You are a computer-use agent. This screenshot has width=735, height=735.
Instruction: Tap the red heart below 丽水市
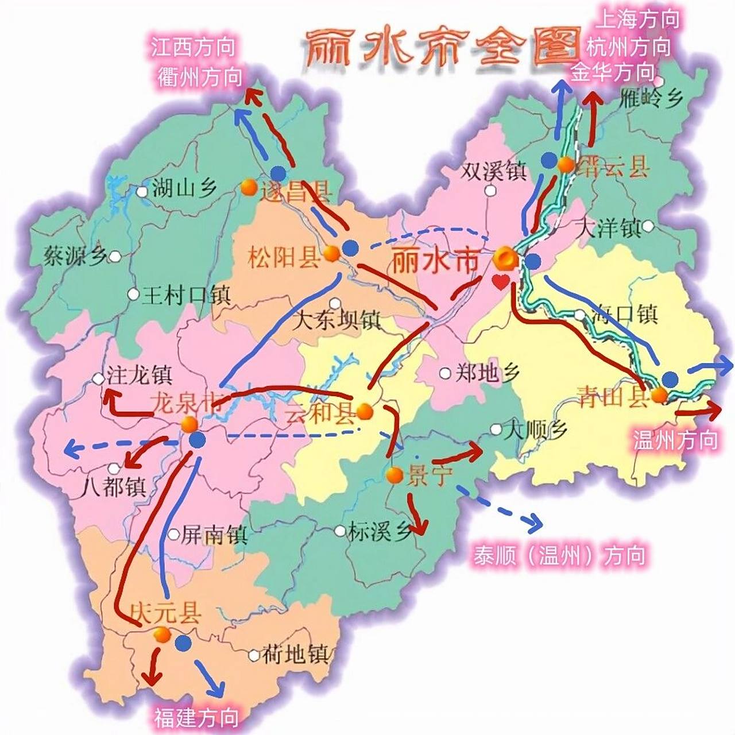(501, 282)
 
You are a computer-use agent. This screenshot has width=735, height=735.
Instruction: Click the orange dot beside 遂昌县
(249, 187)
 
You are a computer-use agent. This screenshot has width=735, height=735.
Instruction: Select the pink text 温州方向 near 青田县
(675, 440)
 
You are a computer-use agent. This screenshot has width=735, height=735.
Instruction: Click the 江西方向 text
(194, 47)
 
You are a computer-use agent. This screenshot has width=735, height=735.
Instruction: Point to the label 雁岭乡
(651, 99)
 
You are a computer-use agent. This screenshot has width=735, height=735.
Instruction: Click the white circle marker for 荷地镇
(254, 655)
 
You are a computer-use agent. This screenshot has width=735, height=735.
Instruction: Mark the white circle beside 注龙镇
(99, 379)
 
